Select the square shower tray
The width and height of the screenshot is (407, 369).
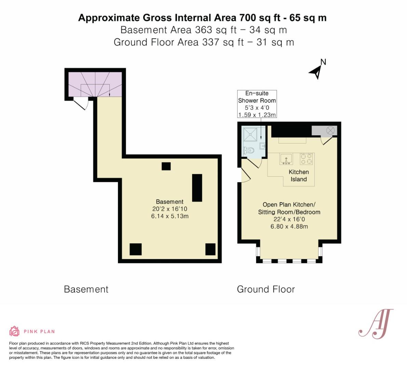click(x=250, y=134)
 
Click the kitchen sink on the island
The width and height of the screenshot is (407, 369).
click(x=286, y=159)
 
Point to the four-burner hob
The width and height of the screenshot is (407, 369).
click(x=307, y=159)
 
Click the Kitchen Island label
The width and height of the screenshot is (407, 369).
click(x=299, y=176)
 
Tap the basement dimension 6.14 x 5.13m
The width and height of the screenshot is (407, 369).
click(x=170, y=216)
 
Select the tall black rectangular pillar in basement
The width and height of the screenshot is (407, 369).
click(x=197, y=188)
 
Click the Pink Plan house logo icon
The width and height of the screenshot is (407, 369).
click(x=15, y=331)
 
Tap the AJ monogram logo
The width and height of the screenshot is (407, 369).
click(x=376, y=324)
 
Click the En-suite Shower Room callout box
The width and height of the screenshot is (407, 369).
click(x=257, y=104)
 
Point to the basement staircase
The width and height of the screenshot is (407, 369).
click(x=95, y=84)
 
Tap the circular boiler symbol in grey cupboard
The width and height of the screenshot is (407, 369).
click(x=330, y=130)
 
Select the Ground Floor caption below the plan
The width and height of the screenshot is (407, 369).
click(x=266, y=289)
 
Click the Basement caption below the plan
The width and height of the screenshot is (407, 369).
click(x=86, y=289)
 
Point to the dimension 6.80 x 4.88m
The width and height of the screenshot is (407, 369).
click(x=289, y=227)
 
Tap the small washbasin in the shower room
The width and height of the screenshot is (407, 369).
click(x=263, y=146)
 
